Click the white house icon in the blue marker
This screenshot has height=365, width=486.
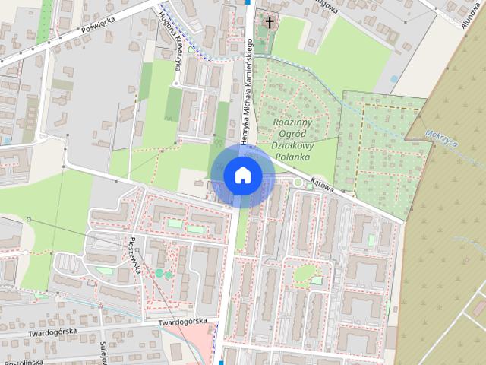241,175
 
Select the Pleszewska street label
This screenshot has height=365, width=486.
144,259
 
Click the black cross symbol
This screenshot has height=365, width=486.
268,22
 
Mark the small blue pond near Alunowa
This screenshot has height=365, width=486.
393,78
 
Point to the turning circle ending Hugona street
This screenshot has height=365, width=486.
175,82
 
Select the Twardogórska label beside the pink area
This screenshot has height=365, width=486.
183,322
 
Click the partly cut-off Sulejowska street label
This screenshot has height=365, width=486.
101,351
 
